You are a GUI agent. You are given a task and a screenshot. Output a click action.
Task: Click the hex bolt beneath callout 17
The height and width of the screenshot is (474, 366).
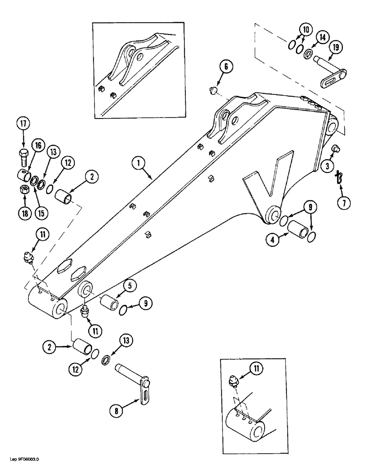(24, 155)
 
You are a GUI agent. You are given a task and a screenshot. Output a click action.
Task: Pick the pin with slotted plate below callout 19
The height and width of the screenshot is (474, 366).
(332, 74)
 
